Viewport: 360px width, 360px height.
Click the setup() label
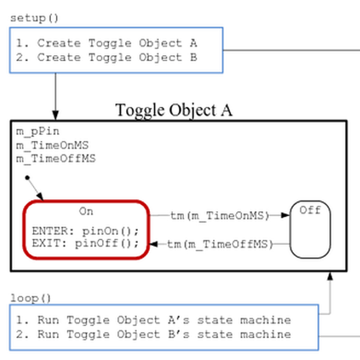(34, 19)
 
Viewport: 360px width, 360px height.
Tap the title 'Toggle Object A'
(173, 110)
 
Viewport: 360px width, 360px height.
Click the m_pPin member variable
(38, 132)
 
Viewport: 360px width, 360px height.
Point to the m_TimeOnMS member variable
(52, 145)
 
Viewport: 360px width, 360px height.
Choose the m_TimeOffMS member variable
(56, 159)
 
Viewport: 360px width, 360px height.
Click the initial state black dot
(28, 178)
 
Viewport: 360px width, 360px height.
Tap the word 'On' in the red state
(86, 211)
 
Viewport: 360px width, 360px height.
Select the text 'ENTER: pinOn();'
(85, 231)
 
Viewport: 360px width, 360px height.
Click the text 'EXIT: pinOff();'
(85, 244)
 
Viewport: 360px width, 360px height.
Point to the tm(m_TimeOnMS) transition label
(220, 216)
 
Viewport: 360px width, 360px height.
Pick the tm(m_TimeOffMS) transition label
(220, 244)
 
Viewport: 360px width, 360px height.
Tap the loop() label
(31, 298)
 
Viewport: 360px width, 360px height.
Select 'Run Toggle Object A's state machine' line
(154, 320)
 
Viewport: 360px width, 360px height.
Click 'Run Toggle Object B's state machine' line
(154, 334)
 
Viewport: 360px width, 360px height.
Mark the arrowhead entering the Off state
(286, 215)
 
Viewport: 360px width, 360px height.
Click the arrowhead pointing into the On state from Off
(154, 244)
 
